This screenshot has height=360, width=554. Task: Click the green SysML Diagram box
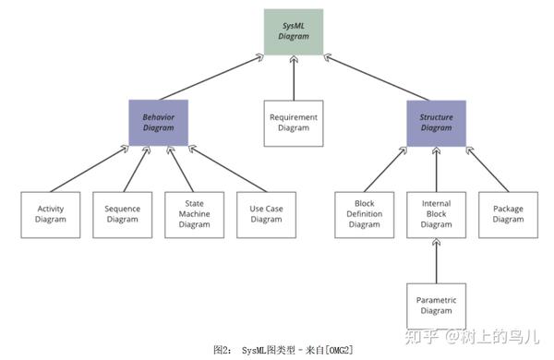pos(293,30)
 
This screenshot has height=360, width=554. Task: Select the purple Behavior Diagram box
pos(159,123)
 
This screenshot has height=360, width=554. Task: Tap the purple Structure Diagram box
pos(436,123)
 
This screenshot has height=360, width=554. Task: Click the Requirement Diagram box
pos(294,123)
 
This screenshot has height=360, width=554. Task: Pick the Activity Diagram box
pos(51,214)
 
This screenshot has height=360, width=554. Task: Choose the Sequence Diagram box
pos(122,214)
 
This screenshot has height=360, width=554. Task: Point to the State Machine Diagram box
pos(194,214)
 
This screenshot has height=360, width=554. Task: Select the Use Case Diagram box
pos(266,214)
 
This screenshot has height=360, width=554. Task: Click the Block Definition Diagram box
pos(364,214)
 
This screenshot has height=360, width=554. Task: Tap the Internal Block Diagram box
pos(436,214)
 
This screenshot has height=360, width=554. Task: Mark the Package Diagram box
pos(508,214)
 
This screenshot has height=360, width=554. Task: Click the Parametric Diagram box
pos(436,306)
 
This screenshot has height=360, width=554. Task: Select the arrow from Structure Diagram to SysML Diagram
pos(379,78)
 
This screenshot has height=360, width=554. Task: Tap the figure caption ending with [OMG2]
pos(283,350)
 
